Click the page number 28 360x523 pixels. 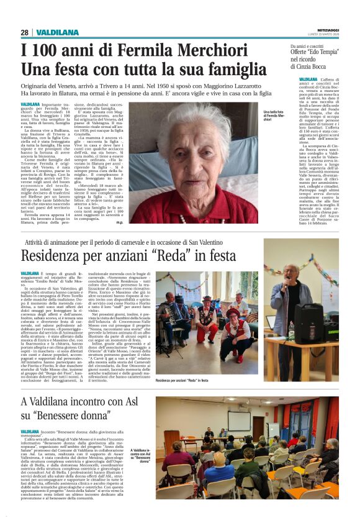pyautogui.click(x=24, y=32)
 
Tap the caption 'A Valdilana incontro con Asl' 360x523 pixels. pyautogui.click(x=140, y=455)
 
